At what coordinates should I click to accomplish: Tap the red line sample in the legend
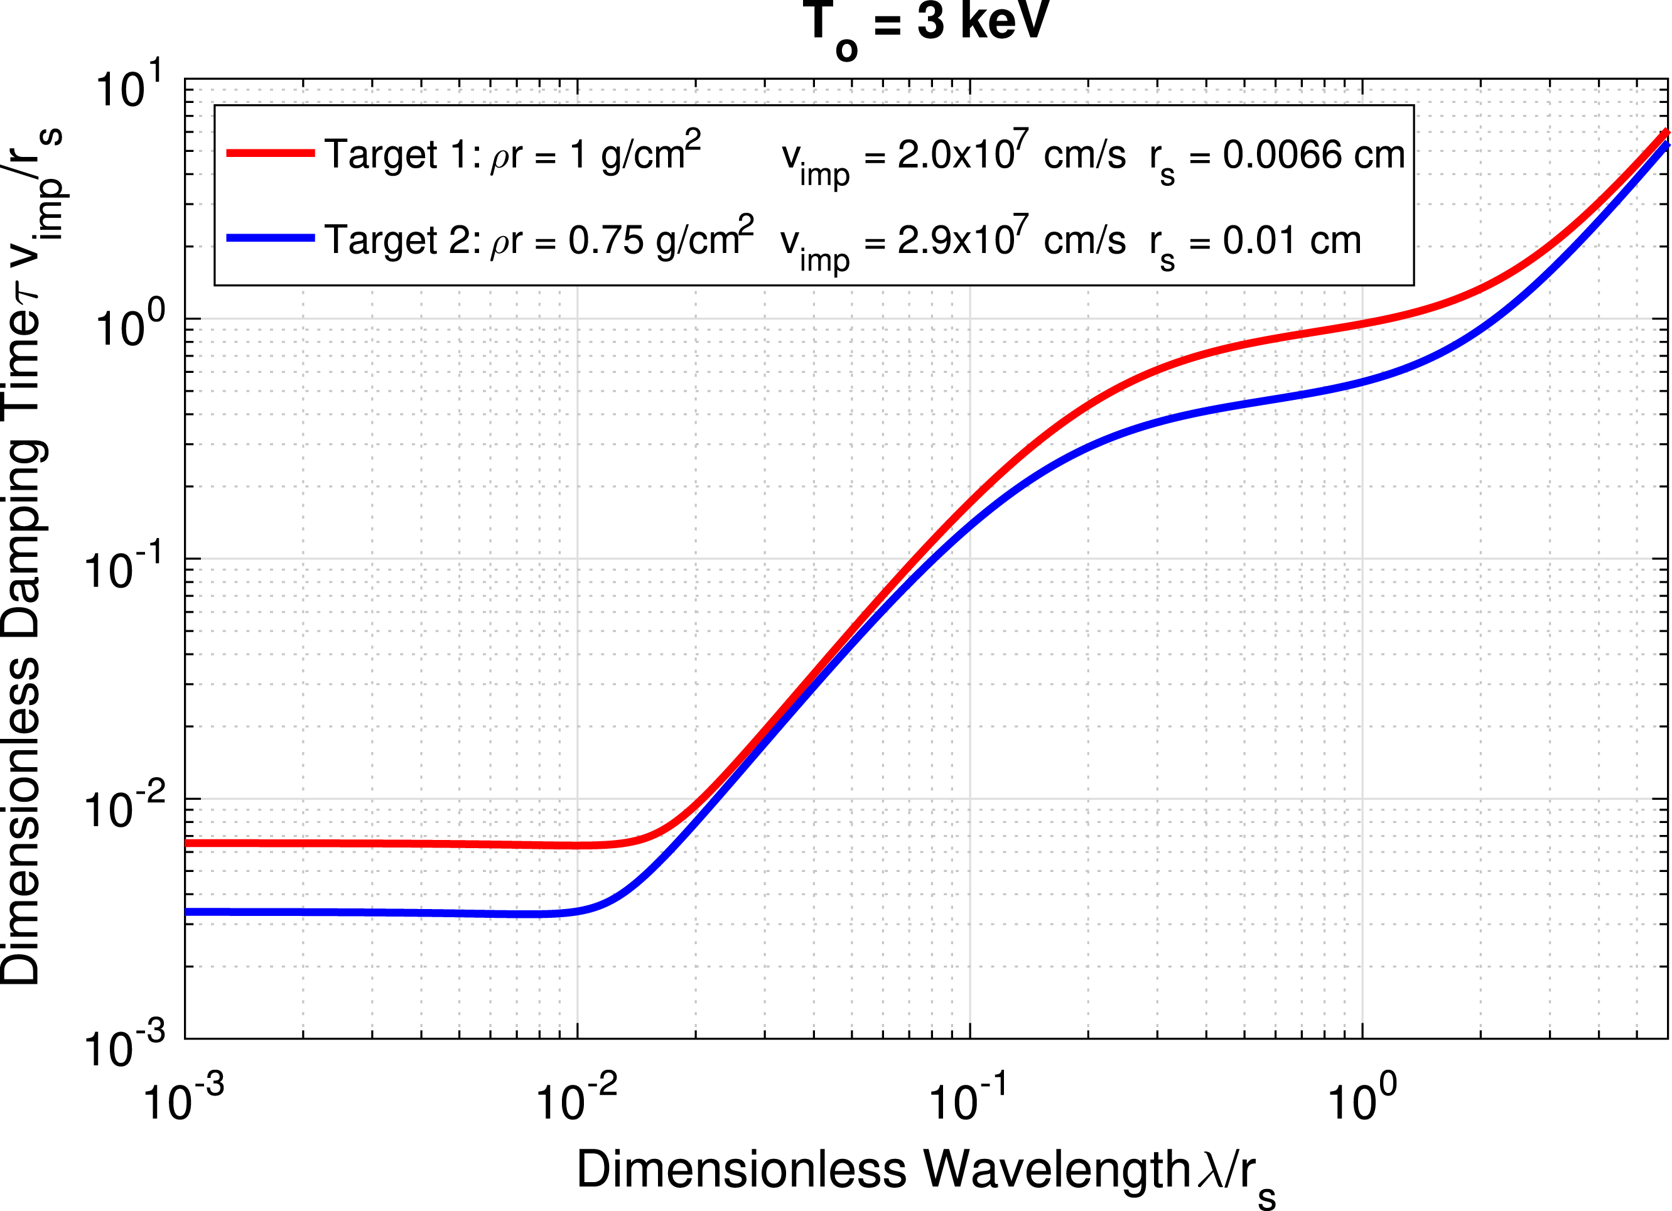point(271,153)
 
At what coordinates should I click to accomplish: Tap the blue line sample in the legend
point(271,238)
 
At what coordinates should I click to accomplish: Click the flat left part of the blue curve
point(369,913)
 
